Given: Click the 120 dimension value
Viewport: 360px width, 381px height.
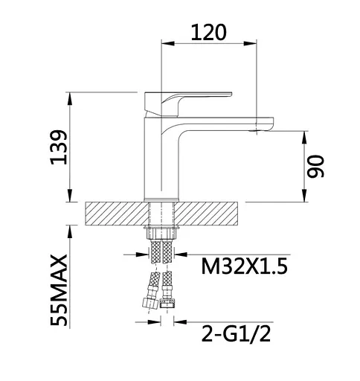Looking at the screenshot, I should pyautogui.click(x=208, y=32).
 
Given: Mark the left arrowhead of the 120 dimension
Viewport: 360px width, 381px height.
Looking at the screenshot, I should pyautogui.click(x=166, y=43).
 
